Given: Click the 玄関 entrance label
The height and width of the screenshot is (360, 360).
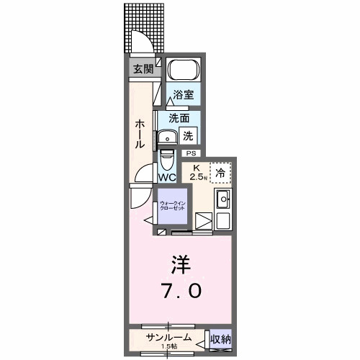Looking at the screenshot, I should pyautogui.click(x=143, y=69).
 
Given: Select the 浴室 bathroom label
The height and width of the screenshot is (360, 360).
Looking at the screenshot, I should pyautogui.click(x=182, y=94).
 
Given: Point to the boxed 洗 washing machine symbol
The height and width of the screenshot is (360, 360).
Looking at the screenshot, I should pyautogui.click(x=188, y=134).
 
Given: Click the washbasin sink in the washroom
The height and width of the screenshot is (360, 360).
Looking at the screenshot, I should pyautogui.click(x=168, y=137).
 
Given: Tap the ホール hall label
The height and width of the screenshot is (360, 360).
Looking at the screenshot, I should pyautogui.click(x=140, y=134).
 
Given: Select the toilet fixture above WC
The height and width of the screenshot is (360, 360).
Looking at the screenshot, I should pyautogui.click(x=167, y=158).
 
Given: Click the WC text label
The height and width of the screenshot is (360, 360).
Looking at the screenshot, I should pyautogui.click(x=168, y=177).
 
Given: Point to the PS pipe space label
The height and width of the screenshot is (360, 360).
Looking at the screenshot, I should pyautogui.click(x=191, y=153).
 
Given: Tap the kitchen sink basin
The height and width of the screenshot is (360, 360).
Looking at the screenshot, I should pyautogui.click(x=223, y=199).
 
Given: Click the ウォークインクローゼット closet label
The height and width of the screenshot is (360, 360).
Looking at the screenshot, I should pyautogui.click(x=172, y=206).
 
